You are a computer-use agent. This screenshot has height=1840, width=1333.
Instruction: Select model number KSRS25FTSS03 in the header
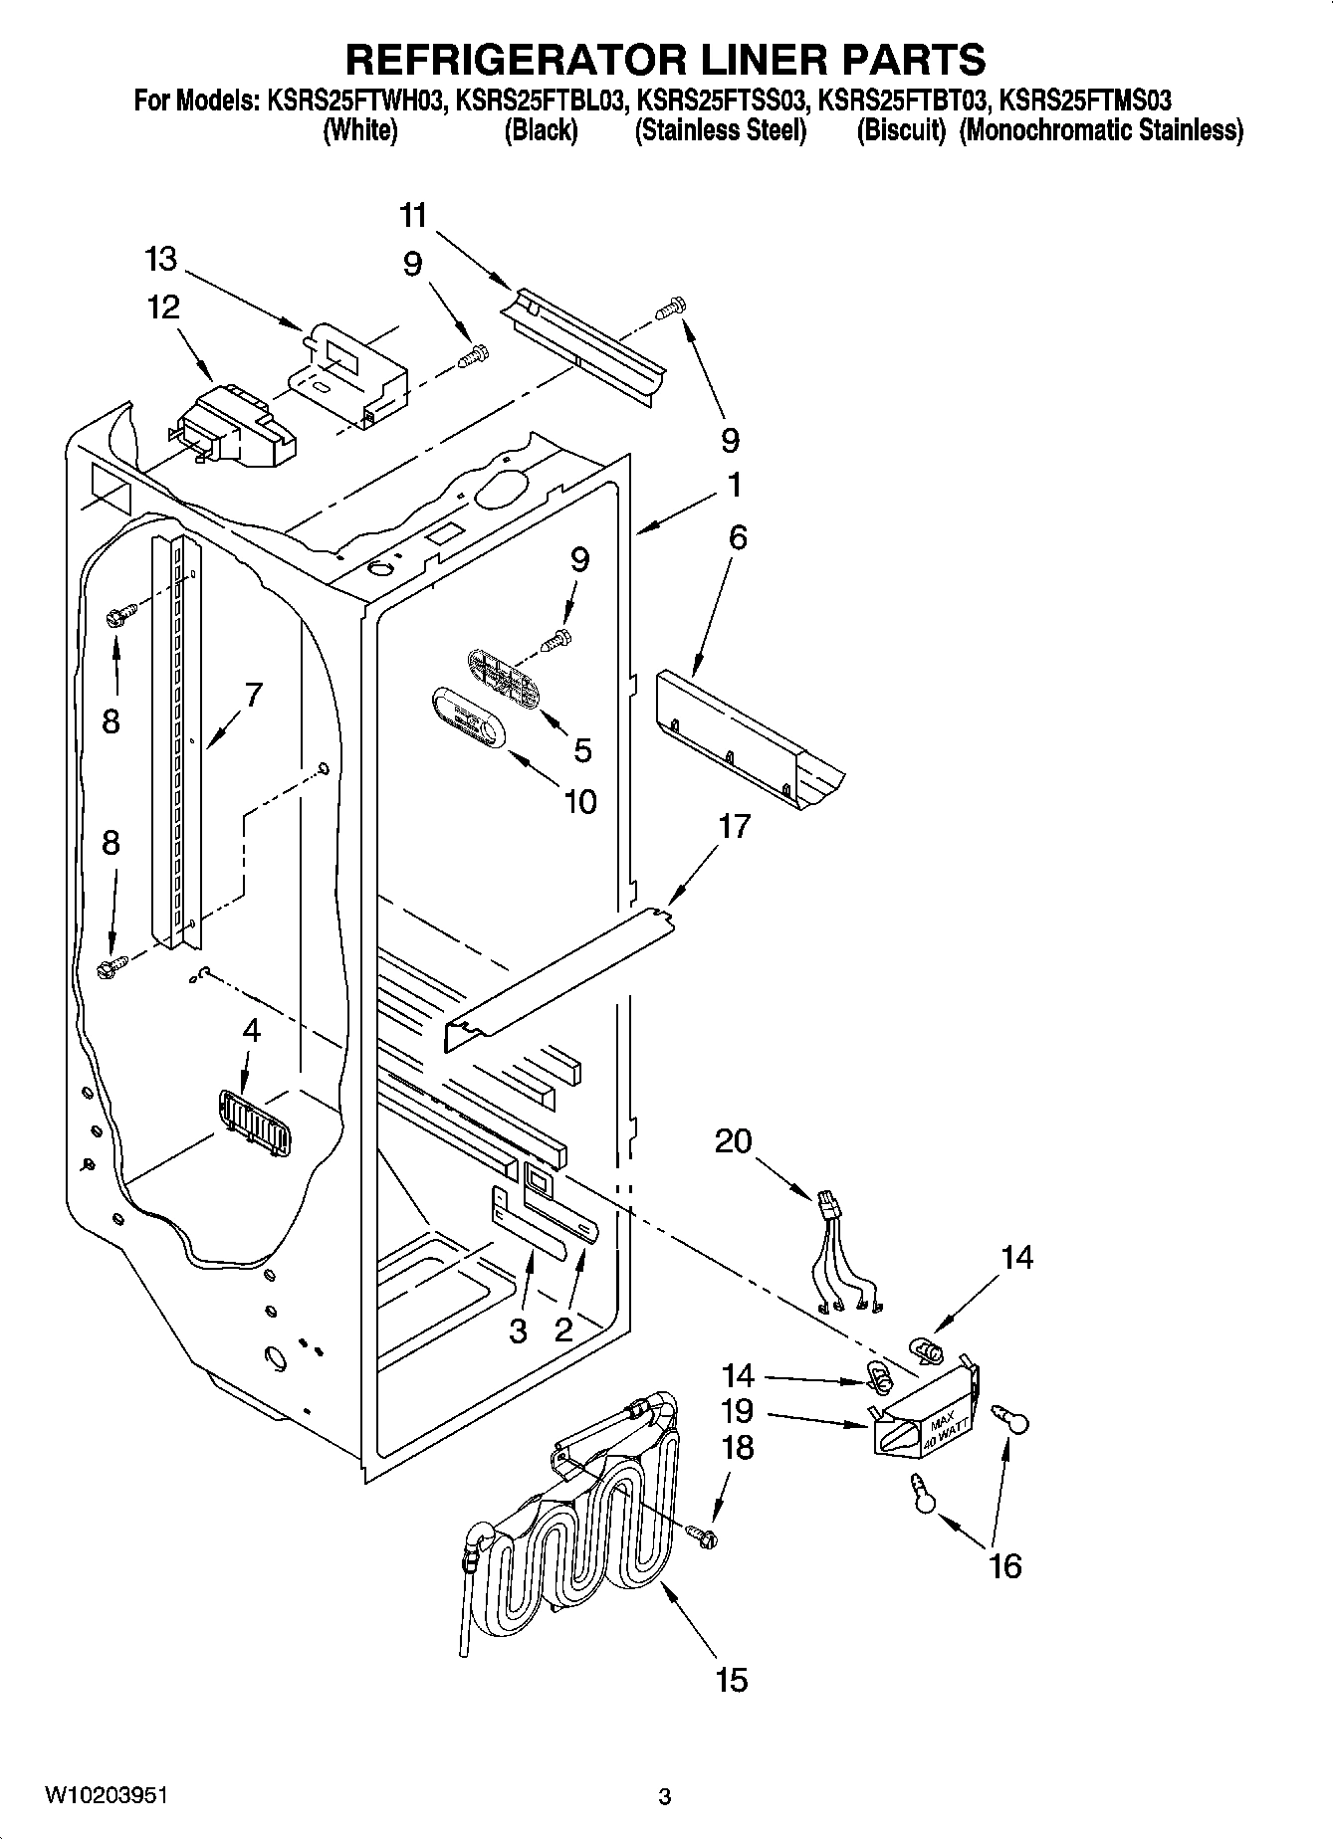pyautogui.click(x=721, y=101)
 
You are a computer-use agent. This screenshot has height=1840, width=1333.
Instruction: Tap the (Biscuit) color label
pyautogui.click(x=900, y=130)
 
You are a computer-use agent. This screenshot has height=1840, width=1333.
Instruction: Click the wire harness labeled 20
pyautogui.click(x=844, y=1254)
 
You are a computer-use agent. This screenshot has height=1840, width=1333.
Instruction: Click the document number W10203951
pyautogui.click(x=106, y=1795)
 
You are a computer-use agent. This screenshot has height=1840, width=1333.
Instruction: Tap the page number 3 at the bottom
pyautogui.click(x=665, y=1796)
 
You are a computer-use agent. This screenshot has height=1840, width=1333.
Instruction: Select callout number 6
pyautogui.click(x=738, y=537)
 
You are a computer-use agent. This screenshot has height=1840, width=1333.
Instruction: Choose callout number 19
pyautogui.click(x=739, y=1411)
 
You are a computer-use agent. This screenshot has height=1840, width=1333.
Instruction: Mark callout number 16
pyautogui.click(x=1005, y=1565)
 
